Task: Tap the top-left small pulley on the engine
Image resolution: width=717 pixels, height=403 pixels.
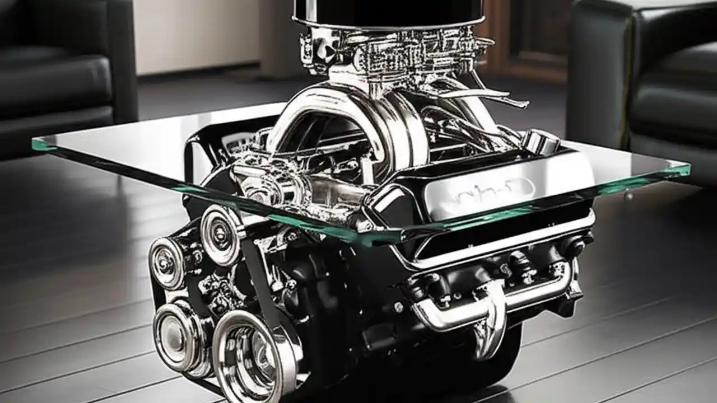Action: pos(167,263)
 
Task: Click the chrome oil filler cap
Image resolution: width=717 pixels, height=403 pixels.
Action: pos(542,140)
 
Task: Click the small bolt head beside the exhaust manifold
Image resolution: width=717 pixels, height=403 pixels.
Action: pos(399,307)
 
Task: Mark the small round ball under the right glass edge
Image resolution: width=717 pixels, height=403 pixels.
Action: pos(630,196)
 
